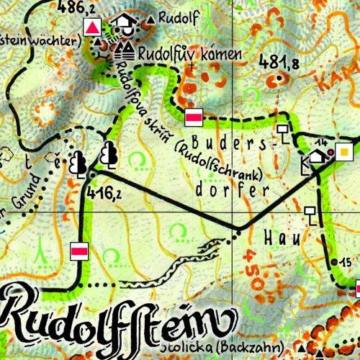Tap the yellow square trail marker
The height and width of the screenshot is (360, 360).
click(x=346, y=152)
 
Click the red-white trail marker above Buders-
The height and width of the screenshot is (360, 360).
click(x=194, y=116)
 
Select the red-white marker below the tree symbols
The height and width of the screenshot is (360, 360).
click(x=79, y=251)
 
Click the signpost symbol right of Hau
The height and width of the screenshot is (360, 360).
click(x=311, y=214)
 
